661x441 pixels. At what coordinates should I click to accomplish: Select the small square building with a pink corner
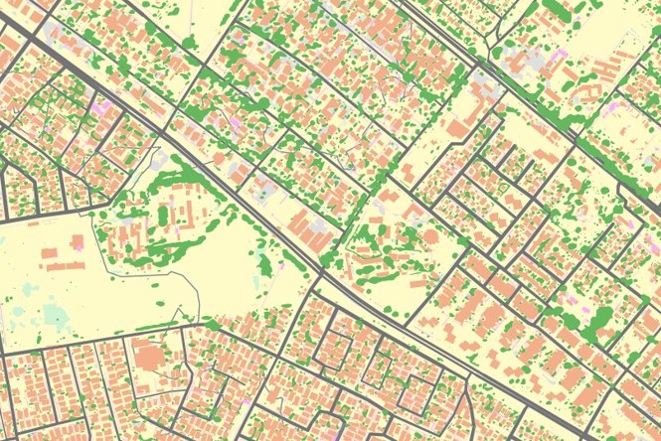pos(78,241)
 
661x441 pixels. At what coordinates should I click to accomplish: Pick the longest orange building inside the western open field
pos(66,265)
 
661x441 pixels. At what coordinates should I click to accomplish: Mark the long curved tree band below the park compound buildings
pos(179,244)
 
